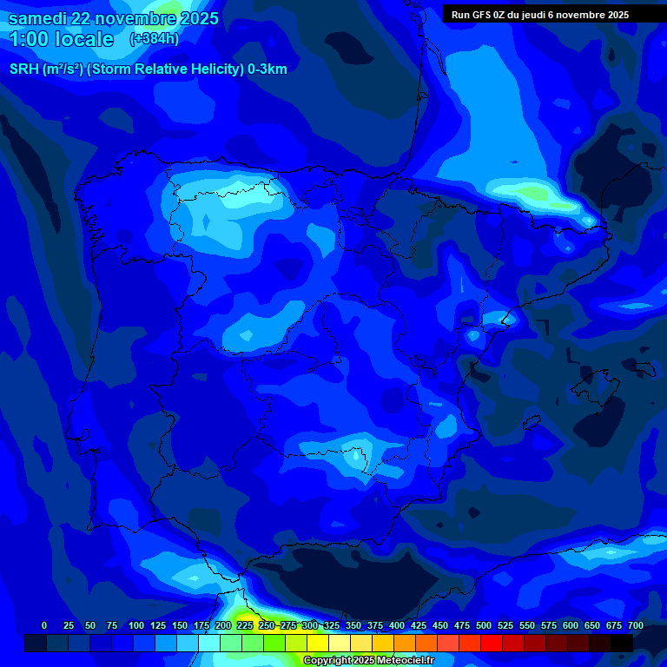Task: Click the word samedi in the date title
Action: pyautogui.click(x=37, y=18)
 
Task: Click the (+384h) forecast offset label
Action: pyautogui.click(x=154, y=39)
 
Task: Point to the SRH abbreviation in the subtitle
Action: pyautogui.click(x=25, y=69)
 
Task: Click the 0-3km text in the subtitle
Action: pyautogui.click(x=267, y=69)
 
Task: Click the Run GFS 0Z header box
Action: pyautogui.click(x=540, y=15)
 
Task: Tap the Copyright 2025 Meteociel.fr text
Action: pyautogui.click(x=368, y=661)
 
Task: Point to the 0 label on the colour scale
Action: pyautogui.click(x=44, y=625)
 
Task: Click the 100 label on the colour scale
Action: pyautogui.click(x=136, y=625)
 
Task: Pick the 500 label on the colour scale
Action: pyautogui.click(x=484, y=625)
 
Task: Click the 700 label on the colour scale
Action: pyautogui.click(x=636, y=625)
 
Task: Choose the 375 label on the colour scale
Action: pyautogui.click(x=375, y=625)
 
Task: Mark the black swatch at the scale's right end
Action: pyautogui.click(x=622, y=643)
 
